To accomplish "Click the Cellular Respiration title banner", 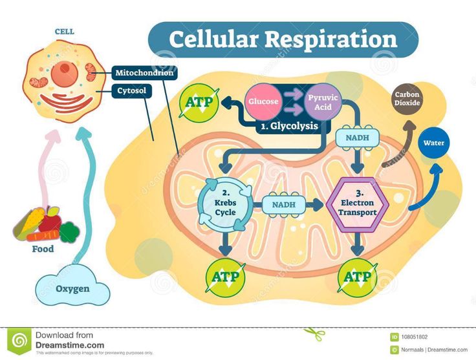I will tap(283, 39).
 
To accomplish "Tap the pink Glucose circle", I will tap(263, 101).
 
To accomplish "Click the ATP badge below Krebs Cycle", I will tap(224, 277).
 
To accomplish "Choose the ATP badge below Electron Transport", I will tap(358, 277).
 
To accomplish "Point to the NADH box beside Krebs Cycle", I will tap(283, 205).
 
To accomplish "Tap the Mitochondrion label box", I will tap(145, 73).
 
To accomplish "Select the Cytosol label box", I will tap(132, 91).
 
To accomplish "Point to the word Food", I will tap(43, 249).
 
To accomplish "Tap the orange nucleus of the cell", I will tap(65, 73).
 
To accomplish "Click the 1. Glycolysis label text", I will tap(289, 126).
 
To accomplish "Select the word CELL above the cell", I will tap(64, 31).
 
